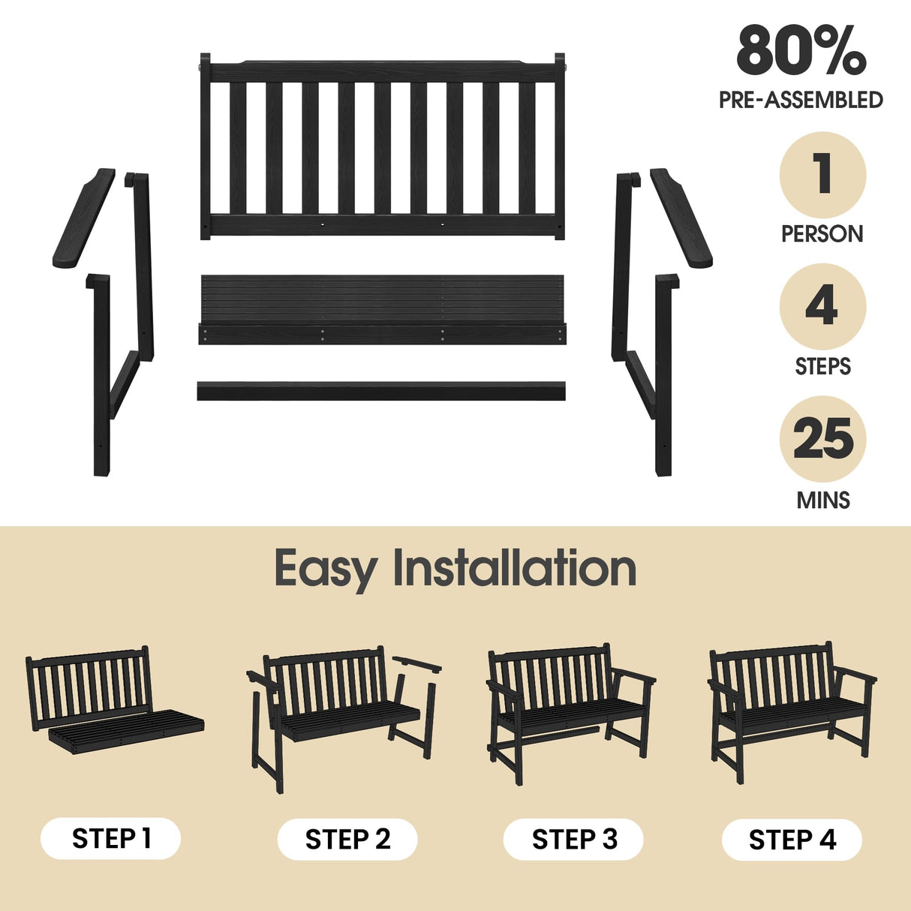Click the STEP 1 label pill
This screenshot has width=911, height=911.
coord(111,838)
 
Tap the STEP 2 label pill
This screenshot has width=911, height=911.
coord(347,839)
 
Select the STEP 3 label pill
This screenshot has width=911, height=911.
coord(574,839)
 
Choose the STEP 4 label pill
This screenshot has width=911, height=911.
coord(792,839)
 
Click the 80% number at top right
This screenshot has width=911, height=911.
coord(801,51)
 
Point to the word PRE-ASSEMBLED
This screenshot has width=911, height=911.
coord(801,100)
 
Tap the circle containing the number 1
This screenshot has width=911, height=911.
coord(822,175)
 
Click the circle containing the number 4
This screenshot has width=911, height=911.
coord(822,307)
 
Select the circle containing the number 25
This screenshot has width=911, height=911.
coord(822,439)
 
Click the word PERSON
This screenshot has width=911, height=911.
coord(822,234)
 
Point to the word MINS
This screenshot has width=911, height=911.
coord(822,500)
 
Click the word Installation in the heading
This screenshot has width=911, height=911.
coord(515,568)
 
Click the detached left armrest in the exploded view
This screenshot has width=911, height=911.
coord(83,219)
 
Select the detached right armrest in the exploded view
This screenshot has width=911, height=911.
coord(681,218)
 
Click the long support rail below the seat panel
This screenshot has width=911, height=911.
coord(381,391)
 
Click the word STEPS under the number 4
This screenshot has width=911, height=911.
coord(822,367)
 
